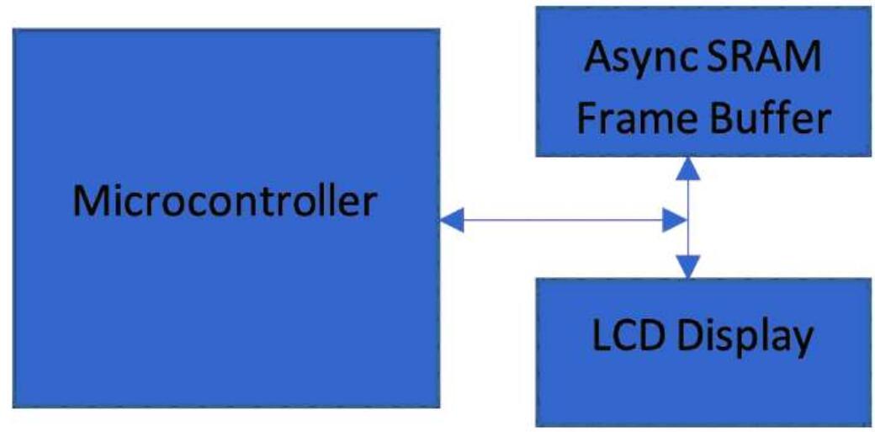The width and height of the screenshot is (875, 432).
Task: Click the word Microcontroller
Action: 224,201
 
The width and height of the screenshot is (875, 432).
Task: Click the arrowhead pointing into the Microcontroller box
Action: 451,221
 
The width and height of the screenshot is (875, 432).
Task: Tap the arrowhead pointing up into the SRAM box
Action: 688,168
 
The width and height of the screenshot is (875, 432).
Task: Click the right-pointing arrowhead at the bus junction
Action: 676,221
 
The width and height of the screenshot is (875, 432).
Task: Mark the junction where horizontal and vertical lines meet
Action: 688,221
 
